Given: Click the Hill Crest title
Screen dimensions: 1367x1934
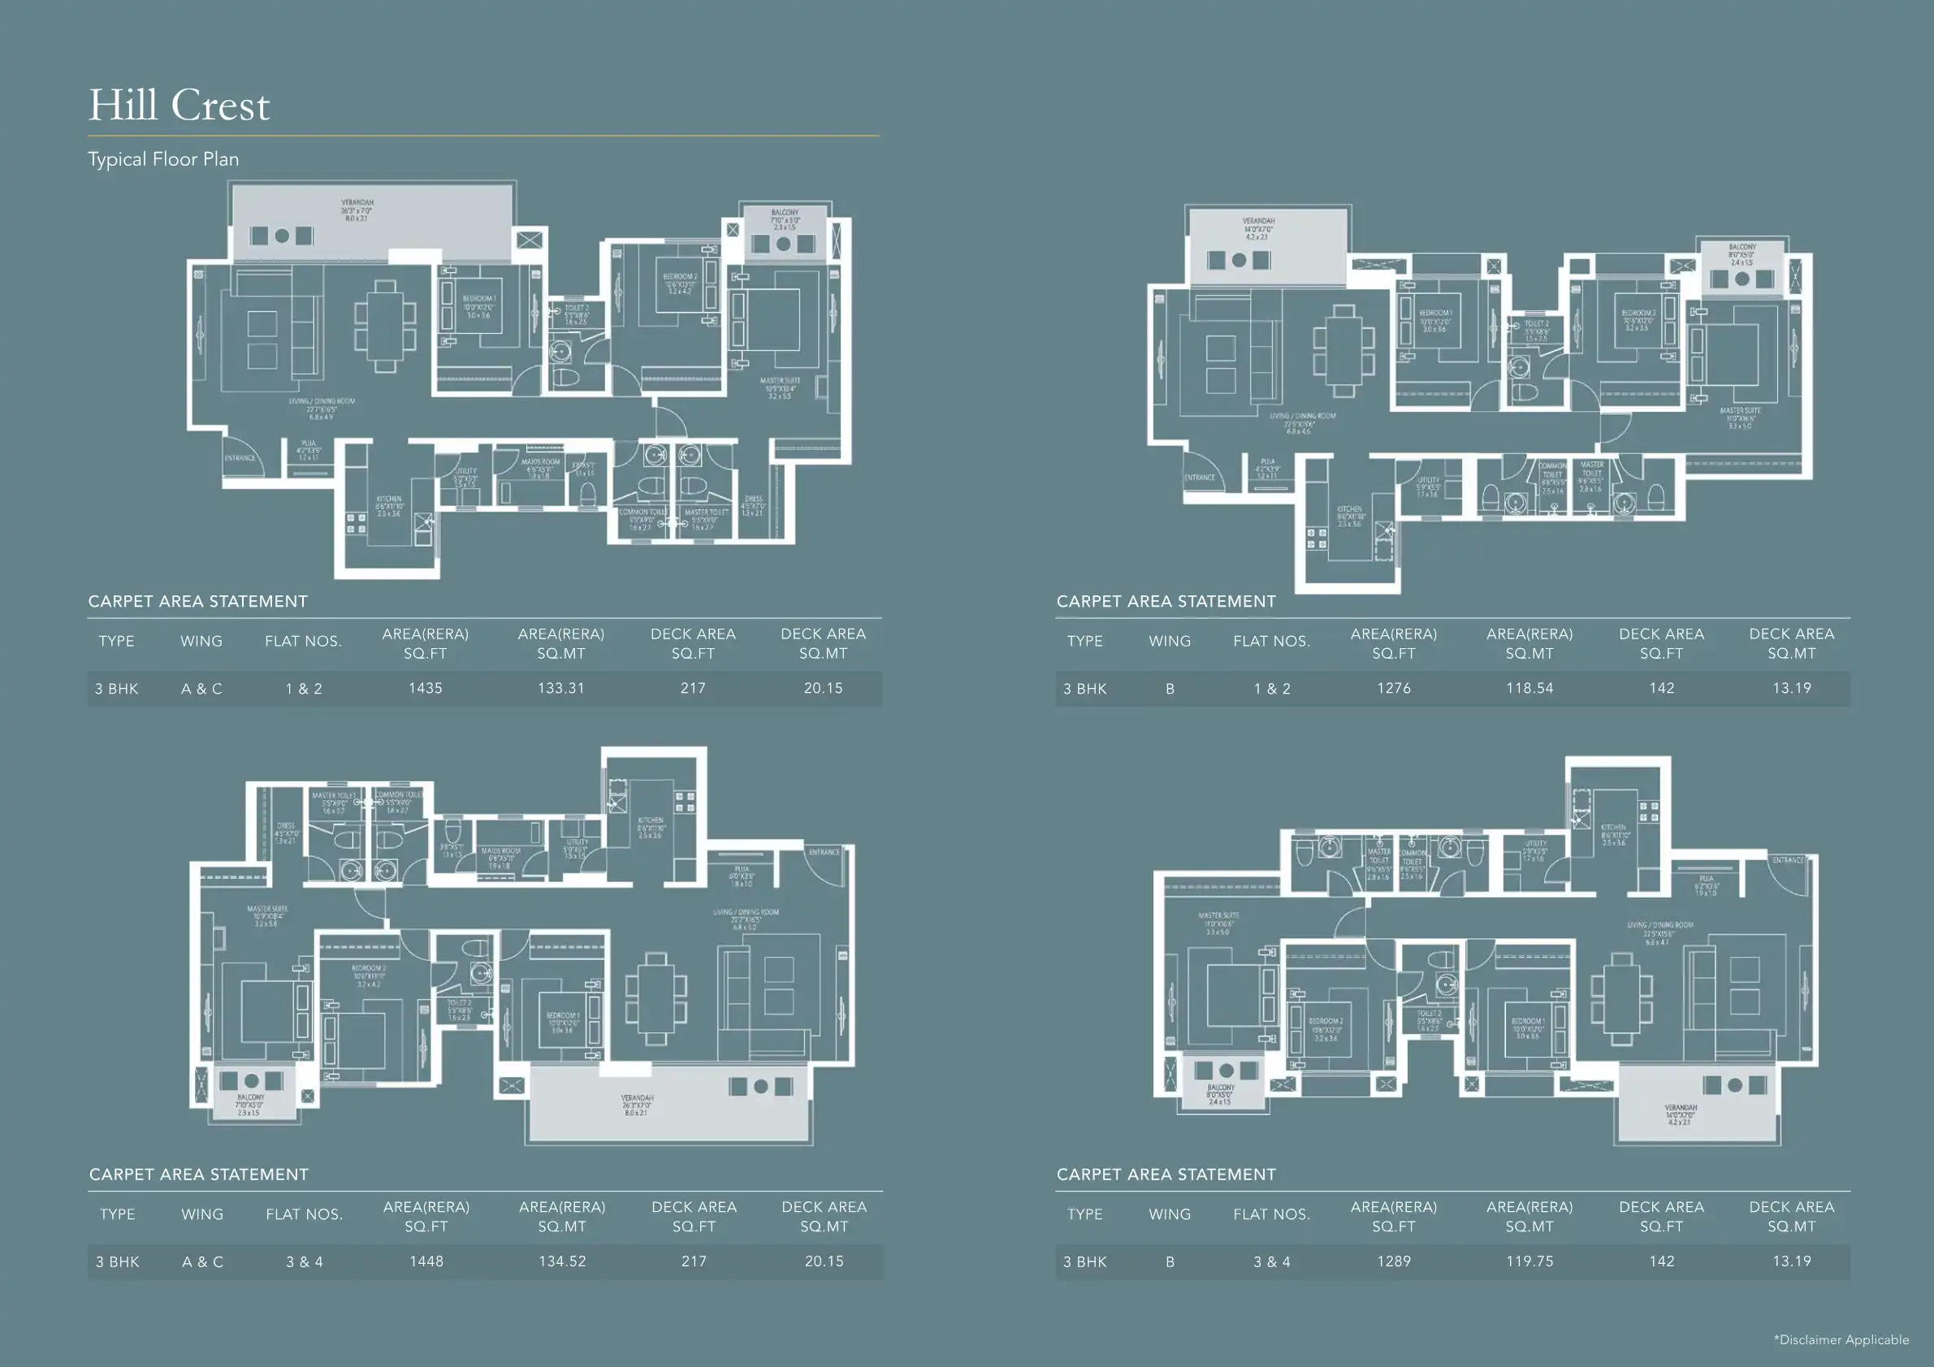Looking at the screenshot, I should tap(179, 106).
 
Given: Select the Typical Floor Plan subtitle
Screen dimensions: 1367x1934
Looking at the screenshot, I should tap(163, 159).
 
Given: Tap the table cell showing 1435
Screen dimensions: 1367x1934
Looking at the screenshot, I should tap(426, 688).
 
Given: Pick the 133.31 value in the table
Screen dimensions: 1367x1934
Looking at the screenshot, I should tap(561, 688).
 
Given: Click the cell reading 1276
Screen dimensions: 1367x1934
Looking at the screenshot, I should tap(1393, 688).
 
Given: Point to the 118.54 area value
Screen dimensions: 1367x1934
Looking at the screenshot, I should tap(1529, 688).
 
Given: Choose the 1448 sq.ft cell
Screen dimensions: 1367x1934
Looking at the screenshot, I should tap(426, 1261).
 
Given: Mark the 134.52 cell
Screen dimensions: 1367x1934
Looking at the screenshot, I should tap(562, 1261).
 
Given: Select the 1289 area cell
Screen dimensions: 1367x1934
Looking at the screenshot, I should tap(1393, 1261).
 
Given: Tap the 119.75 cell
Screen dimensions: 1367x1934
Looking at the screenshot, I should tap(1529, 1261).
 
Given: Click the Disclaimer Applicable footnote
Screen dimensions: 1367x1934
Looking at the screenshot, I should tap(1841, 1339).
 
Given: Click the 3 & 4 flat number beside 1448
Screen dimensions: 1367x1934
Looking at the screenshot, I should tap(304, 1261).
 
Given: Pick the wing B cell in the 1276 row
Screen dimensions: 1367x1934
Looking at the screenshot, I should tap(1169, 689).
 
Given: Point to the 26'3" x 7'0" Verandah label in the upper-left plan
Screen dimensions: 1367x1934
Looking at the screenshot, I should tap(357, 210).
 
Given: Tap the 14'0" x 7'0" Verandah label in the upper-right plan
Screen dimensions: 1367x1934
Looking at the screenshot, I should tap(1258, 228).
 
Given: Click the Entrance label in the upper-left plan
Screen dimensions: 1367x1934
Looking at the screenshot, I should tap(240, 458).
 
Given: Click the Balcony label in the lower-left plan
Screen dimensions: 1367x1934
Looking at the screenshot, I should tap(250, 1104).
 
